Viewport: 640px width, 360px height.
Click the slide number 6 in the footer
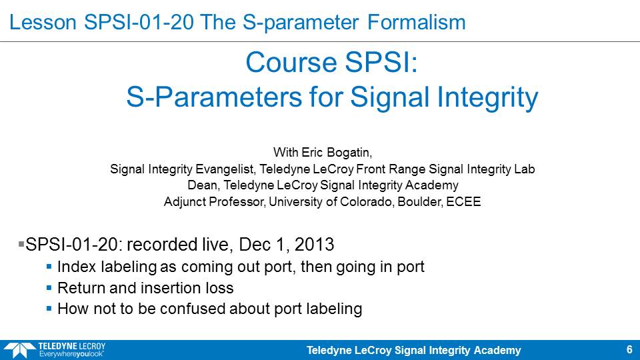coord(629,349)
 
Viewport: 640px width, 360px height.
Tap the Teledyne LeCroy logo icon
coord(19,350)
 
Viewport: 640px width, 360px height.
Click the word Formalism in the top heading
coord(416,22)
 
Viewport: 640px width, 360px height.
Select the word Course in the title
coord(292,62)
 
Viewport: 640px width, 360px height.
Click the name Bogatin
coord(349,153)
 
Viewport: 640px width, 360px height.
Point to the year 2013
coord(314,245)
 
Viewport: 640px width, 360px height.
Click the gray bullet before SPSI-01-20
coord(21,244)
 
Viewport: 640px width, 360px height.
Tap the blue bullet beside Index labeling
coord(49,267)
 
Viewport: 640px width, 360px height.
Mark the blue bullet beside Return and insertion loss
coord(49,288)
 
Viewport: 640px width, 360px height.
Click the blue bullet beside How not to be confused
coord(49,309)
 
